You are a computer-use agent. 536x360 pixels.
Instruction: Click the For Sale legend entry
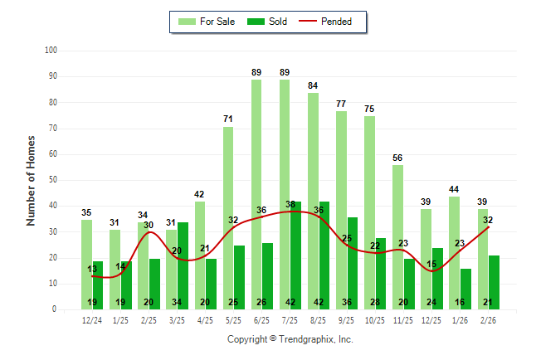(207, 22)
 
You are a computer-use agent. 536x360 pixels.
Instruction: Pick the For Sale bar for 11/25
(397, 236)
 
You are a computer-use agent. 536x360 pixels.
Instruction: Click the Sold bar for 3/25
(183, 265)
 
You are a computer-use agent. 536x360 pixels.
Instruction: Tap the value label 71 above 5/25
(228, 119)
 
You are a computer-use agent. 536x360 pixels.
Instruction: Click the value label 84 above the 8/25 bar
(313, 85)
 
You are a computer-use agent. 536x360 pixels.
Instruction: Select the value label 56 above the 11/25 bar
(397, 158)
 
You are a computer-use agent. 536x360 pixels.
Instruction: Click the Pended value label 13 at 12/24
(92, 269)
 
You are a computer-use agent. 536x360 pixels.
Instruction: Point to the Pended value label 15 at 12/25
(431, 264)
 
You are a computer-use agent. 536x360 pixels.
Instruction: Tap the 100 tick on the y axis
(51, 51)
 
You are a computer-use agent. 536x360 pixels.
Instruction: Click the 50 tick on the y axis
(52, 180)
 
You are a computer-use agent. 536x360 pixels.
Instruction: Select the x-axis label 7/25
(290, 319)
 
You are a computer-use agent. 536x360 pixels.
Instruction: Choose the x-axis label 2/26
(488, 319)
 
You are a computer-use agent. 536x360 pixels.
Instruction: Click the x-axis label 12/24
(92, 319)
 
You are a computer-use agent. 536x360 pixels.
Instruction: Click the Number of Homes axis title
(32, 180)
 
